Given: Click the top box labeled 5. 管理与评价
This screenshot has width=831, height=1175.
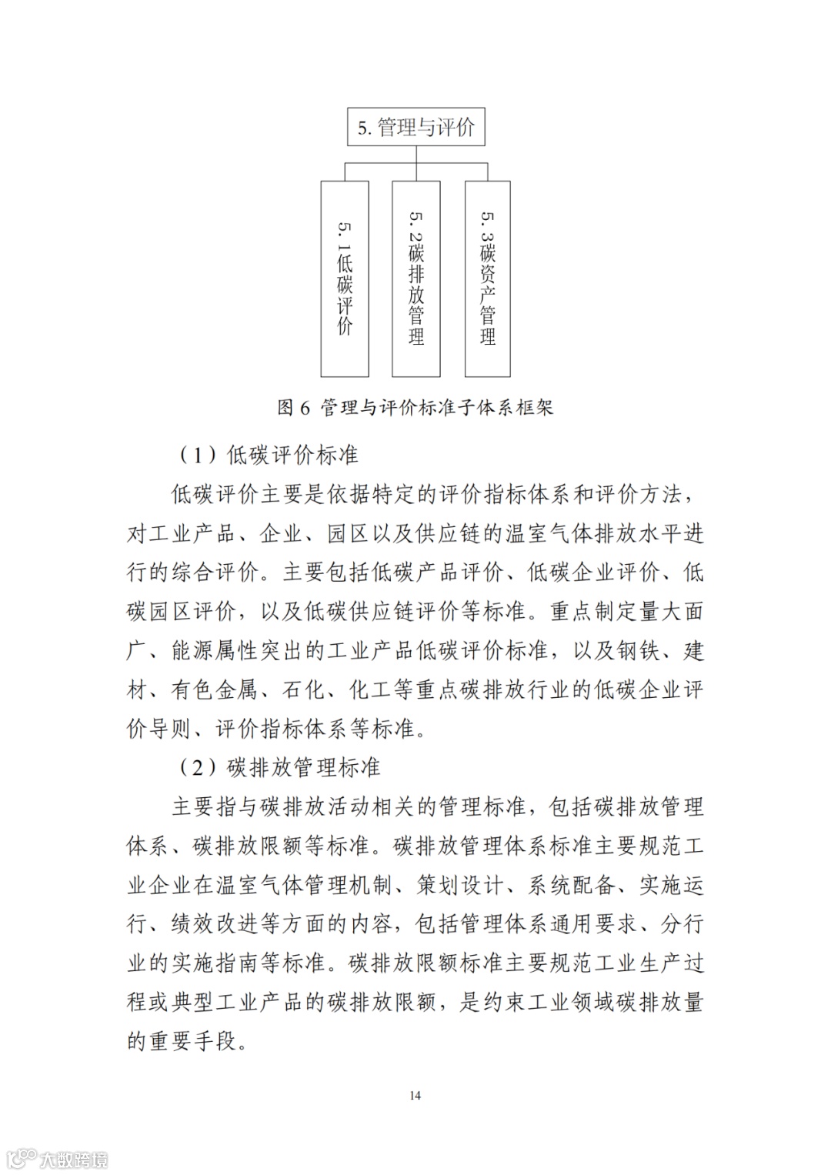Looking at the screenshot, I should [x=415, y=127].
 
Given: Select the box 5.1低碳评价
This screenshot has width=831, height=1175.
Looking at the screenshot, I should [x=345, y=279].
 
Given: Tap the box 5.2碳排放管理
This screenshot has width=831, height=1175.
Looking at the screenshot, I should [x=416, y=279].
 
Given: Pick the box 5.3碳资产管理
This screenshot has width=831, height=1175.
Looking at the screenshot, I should [x=487, y=279].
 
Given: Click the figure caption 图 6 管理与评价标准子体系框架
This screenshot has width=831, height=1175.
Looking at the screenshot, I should [x=415, y=407].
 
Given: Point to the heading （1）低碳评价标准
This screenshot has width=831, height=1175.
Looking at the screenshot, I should [x=269, y=455].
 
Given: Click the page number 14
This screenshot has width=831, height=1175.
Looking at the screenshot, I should [x=415, y=1095].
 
